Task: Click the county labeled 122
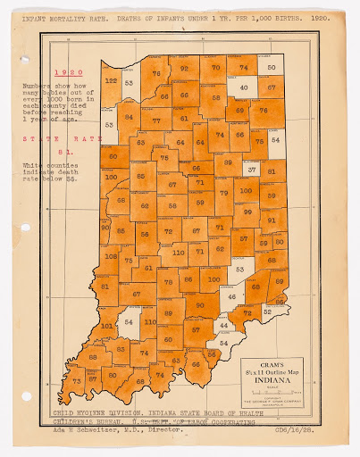tap(111, 80)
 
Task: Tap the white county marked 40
tap(242, 88)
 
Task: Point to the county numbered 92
tap(184, 68)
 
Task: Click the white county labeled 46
tap(232, 296)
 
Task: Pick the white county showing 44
tap(223, 328)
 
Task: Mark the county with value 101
tap(108, 327)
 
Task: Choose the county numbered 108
tap(111, 256)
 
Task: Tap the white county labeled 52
tap(267, 312)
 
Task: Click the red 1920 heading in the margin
tap(69, 72)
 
